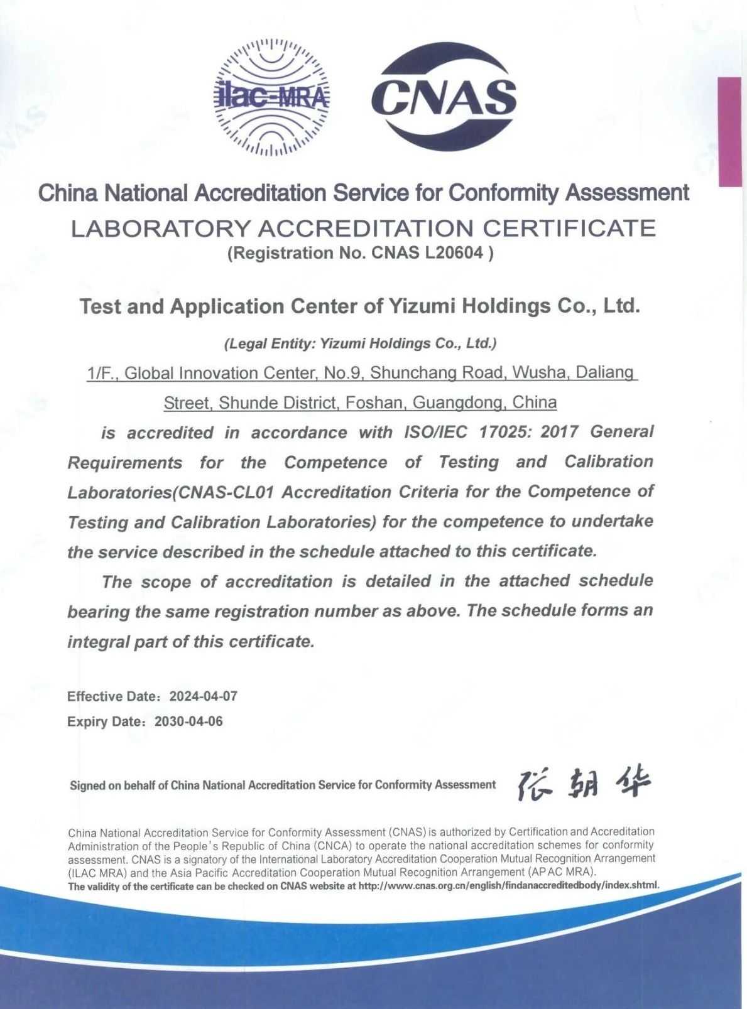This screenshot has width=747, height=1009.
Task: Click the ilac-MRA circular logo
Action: pyautogui.click(x=272, y=97)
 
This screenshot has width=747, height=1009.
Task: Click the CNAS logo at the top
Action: pyautogui.click(x=444, y=97)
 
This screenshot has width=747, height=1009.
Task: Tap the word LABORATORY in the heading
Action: pyautogui.click(x=160, y=229)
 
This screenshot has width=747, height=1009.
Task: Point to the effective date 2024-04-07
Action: pyautogui.click(x=204, y=696)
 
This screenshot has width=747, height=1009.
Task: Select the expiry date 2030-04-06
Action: pyautogui.click(x=188, y=721)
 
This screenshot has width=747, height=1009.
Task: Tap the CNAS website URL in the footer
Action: pyautogui.click(x=508, y=886)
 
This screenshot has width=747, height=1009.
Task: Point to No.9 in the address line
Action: pyautogui.click(x=343, y=373)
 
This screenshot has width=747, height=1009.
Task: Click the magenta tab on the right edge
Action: pyautogui.click(x=730, y=132)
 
